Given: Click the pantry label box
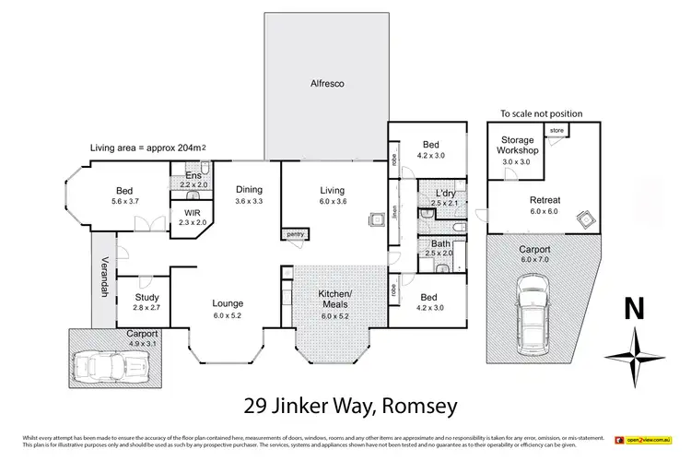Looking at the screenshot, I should click(296, 235).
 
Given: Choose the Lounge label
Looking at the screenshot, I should click(228, 302).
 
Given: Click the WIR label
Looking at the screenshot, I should click(193, 212).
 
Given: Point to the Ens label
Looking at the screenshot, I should click(193, 175).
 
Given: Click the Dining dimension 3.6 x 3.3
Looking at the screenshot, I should click(249, 201).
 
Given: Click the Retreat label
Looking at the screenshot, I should click(545, 199).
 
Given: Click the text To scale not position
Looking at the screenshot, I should click(541, 113).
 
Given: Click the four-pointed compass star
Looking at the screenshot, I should click(634, 355).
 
